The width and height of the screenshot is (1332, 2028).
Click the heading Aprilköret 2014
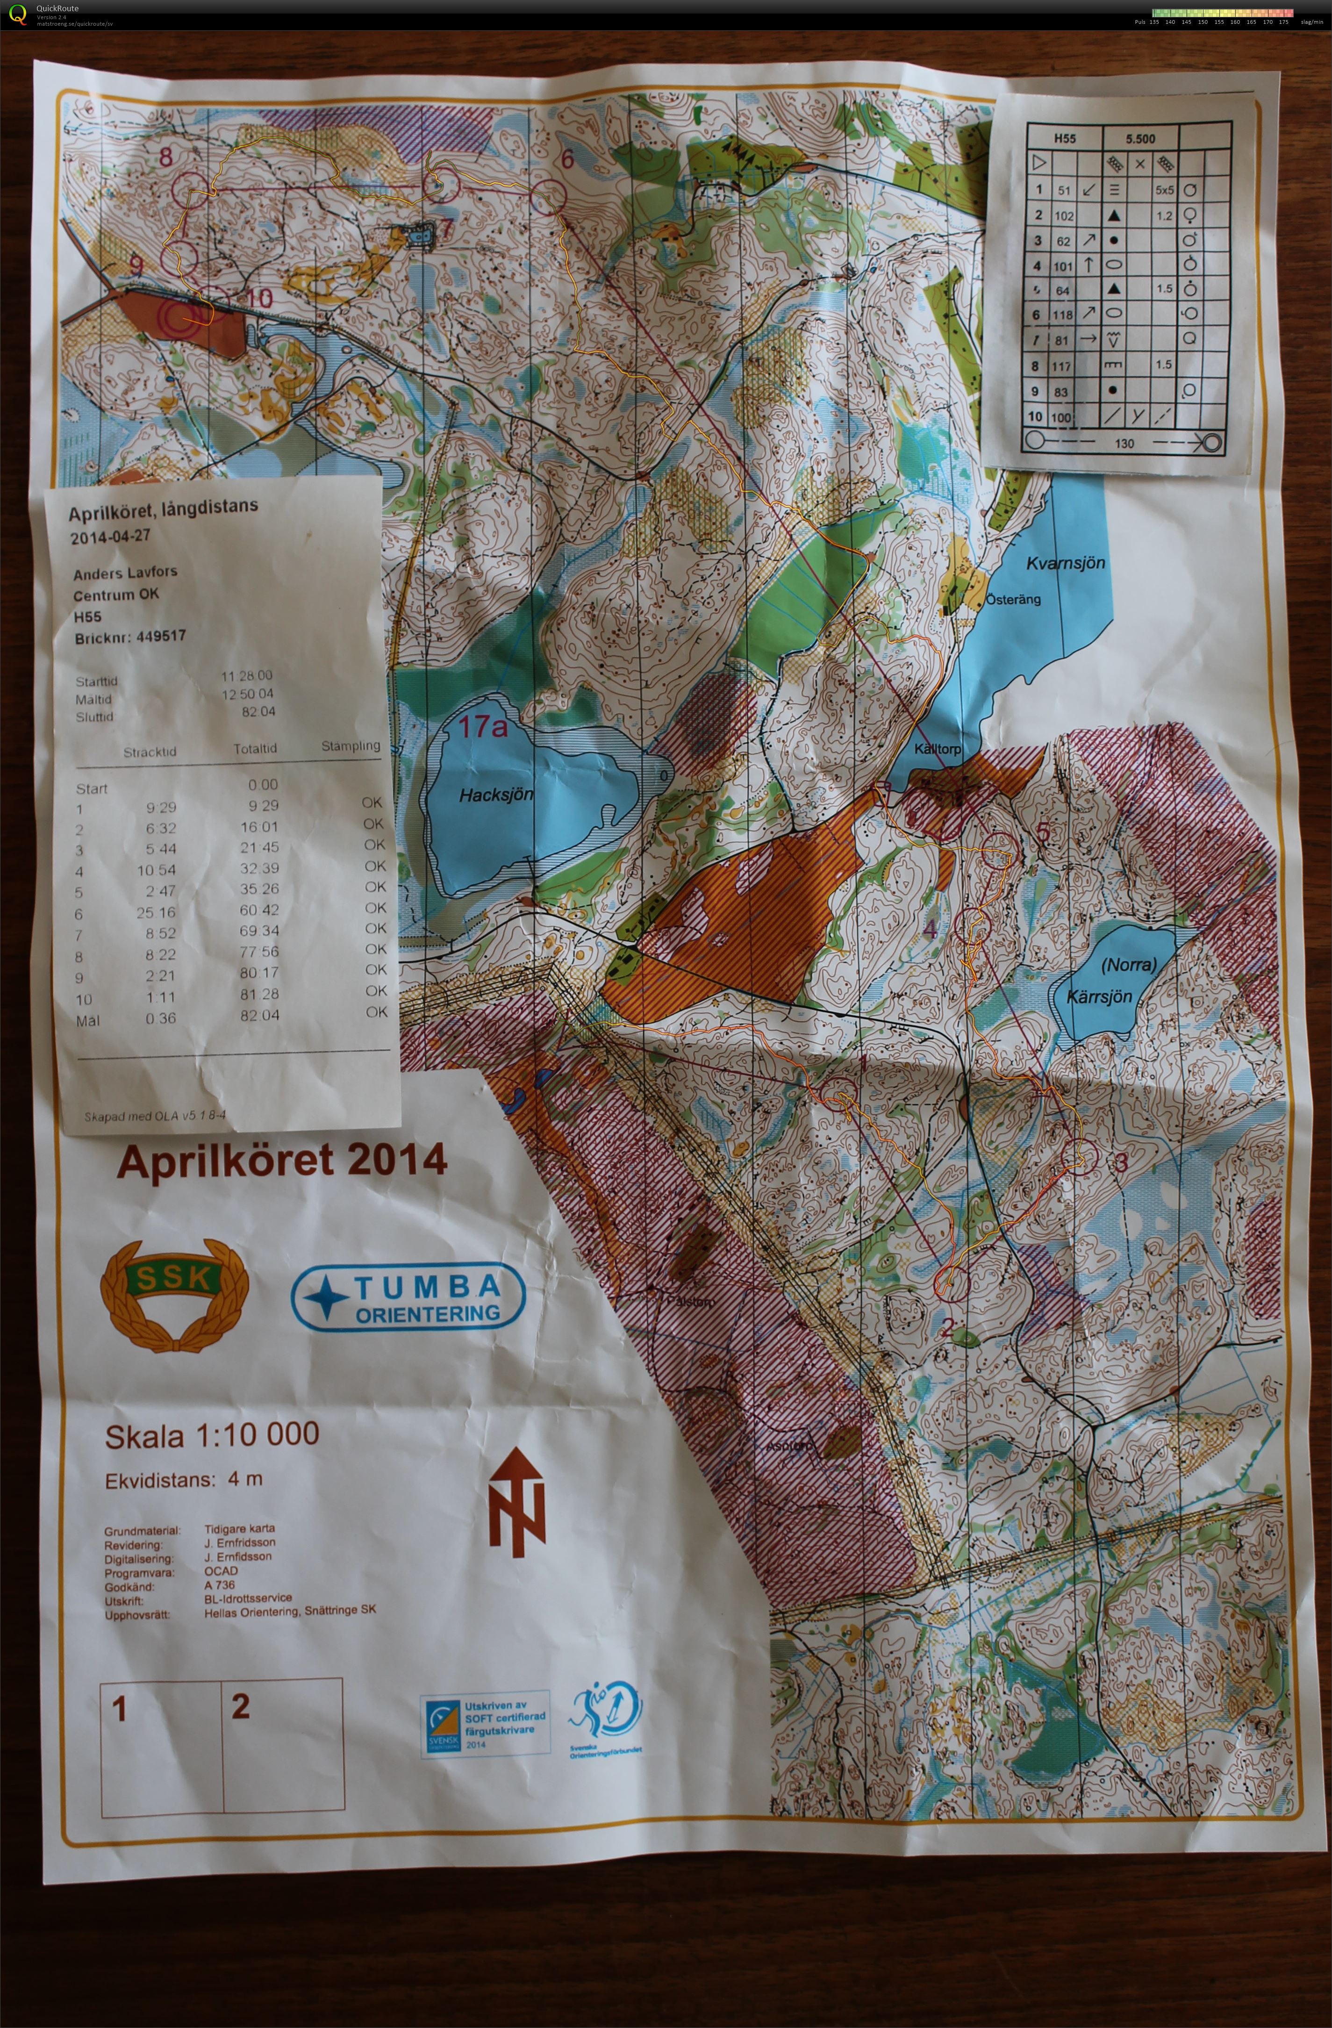click(281, 1161)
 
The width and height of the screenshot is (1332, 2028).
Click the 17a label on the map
click(482, 727)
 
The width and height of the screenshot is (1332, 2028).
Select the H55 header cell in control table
click(1064, 138)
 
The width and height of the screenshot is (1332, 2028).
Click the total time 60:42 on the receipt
click(259, 909)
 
